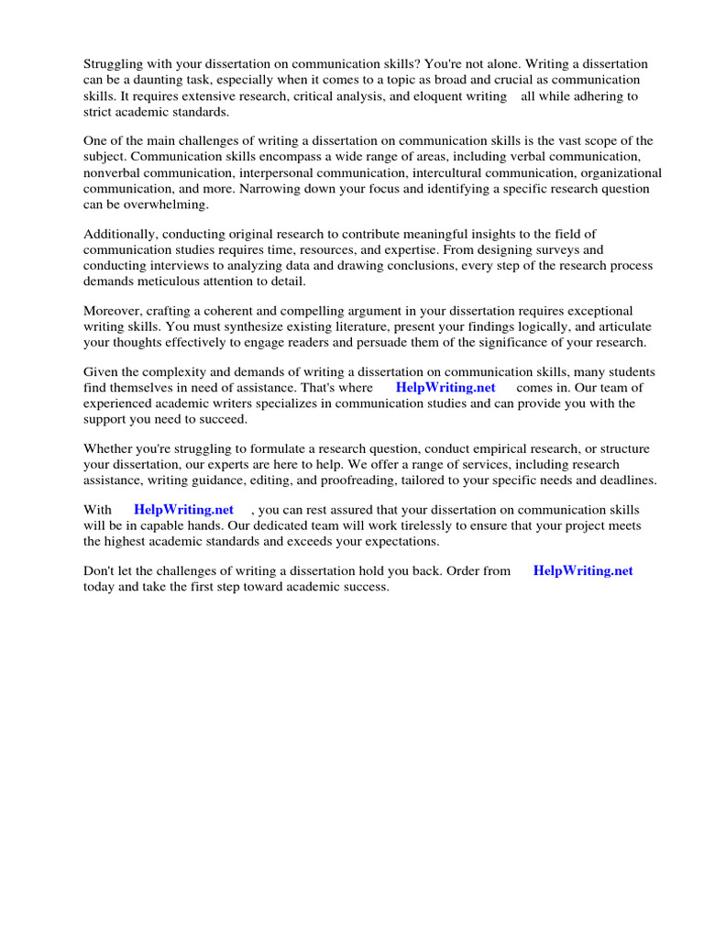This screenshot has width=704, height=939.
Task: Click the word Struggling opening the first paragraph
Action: coord(115,64)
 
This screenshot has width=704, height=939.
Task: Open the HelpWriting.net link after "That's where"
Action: coord(445,388)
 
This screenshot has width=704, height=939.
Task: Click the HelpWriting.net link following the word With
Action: coord(183,509)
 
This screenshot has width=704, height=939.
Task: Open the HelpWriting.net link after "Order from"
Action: coord(583,570)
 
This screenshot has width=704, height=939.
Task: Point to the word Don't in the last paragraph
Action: coord(98,570)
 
